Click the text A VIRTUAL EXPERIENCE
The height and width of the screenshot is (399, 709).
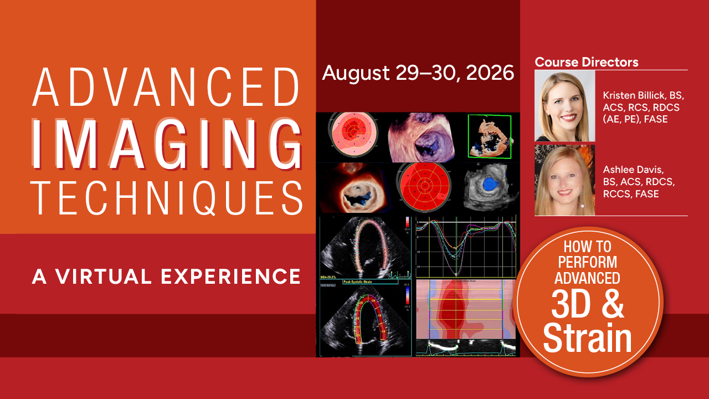(x=166, y=275)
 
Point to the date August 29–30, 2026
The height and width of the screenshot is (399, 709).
(x=418, y=72)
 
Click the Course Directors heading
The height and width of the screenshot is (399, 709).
(x=587, y=62)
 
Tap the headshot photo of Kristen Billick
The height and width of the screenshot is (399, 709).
(x=564, y=105)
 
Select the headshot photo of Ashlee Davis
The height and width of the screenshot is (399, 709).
(x=564, y=180)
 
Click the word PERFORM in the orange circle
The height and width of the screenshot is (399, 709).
(x=588, y=261)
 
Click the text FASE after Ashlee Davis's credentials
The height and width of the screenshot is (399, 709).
(x=647, y=194)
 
